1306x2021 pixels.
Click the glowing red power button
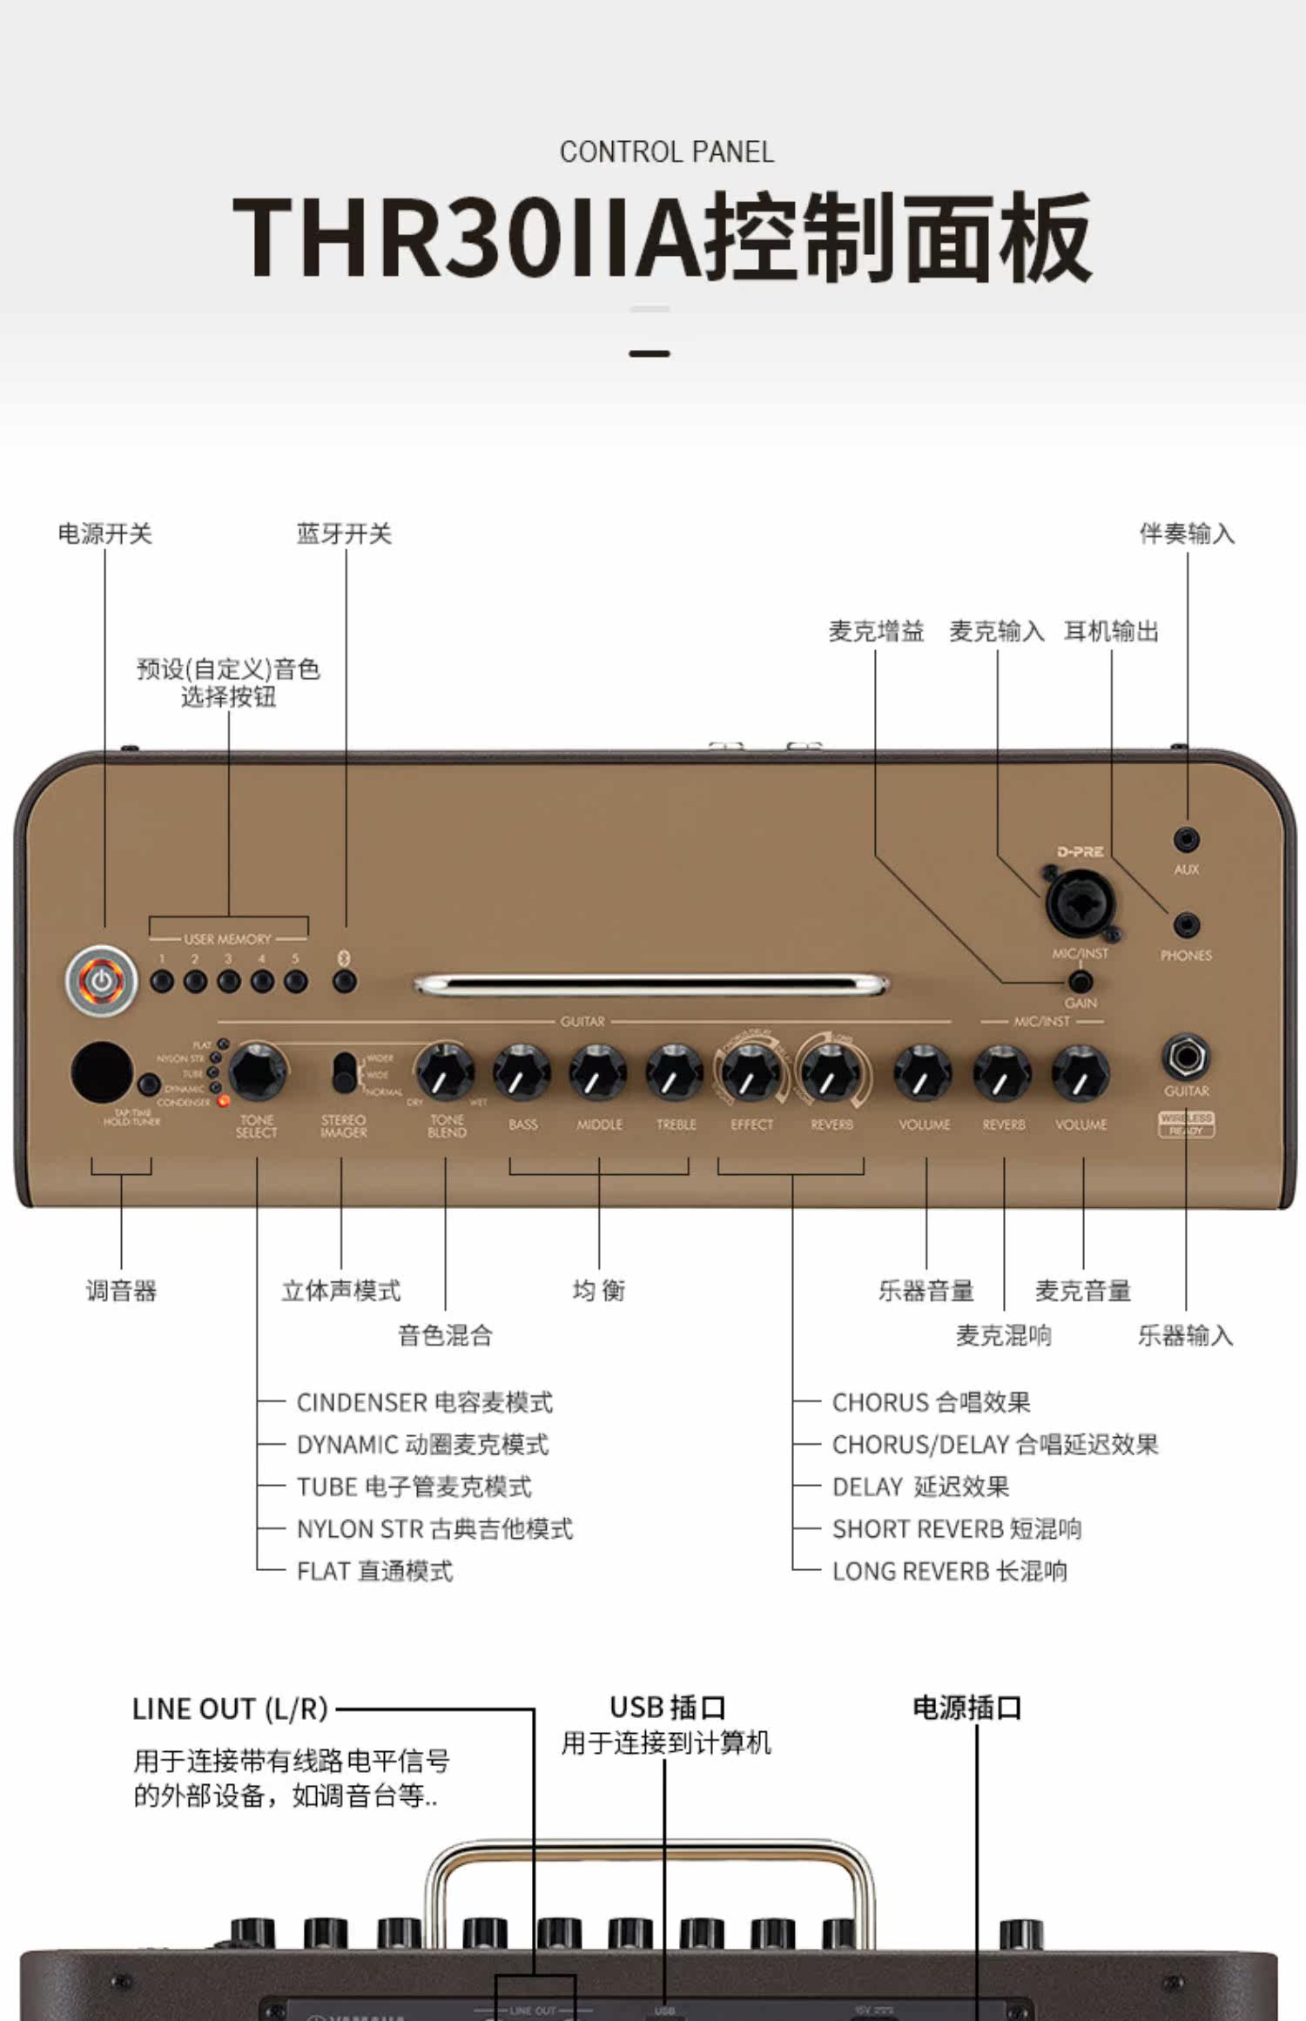102,981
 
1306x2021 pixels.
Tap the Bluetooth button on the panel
345,981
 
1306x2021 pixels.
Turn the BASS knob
522,1072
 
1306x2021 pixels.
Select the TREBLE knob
676,1072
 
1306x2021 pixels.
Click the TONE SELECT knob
258,1071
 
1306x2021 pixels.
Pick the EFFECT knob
751,1072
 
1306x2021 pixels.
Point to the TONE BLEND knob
445,1072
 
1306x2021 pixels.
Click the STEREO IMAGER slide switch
345,1072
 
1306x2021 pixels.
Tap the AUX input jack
1186,840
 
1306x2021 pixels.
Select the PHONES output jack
1186,925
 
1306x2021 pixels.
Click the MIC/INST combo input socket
1080,904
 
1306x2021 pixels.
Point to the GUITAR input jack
1186,1057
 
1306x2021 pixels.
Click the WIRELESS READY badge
1186,1124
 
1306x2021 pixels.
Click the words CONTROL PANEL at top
667,152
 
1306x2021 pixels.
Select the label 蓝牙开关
345,534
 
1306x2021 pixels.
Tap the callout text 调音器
121,1291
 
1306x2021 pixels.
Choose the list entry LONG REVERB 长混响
949,1572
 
